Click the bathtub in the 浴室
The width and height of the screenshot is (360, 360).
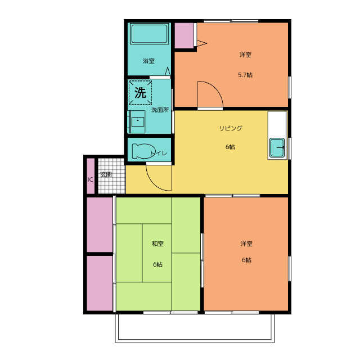149,34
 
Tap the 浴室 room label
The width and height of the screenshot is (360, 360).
148,61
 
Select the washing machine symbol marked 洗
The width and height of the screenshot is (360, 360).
140,92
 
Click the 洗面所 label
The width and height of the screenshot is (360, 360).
160,110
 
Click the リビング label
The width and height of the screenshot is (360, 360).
231,128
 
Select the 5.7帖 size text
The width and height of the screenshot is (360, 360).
245,75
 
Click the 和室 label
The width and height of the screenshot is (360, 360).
157,244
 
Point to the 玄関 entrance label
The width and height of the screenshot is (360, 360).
106,174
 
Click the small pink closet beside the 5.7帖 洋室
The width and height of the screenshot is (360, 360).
184,35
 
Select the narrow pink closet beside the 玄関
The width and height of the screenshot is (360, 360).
91,176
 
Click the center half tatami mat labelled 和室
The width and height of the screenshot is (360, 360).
157,253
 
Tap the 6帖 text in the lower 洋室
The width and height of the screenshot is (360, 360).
246,260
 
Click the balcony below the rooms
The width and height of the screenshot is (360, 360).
195,328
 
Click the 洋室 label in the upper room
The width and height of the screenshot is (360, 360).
245,55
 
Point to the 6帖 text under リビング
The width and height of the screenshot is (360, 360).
230,147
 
